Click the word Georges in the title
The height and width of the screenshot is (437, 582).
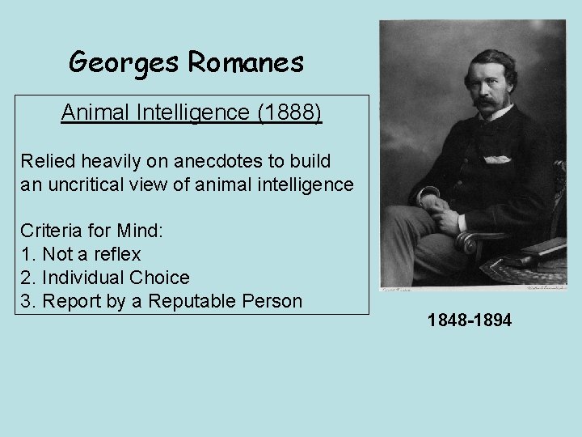[x=122, y=62]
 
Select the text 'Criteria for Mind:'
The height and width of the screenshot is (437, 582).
[x=92, y=231]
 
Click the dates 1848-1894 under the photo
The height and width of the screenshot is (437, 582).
[x=469, y=321]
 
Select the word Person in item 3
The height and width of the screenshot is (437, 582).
[x=272, y=301]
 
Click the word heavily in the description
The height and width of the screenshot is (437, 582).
[x=106, y=161]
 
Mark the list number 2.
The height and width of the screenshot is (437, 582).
[x=27, y=278]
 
